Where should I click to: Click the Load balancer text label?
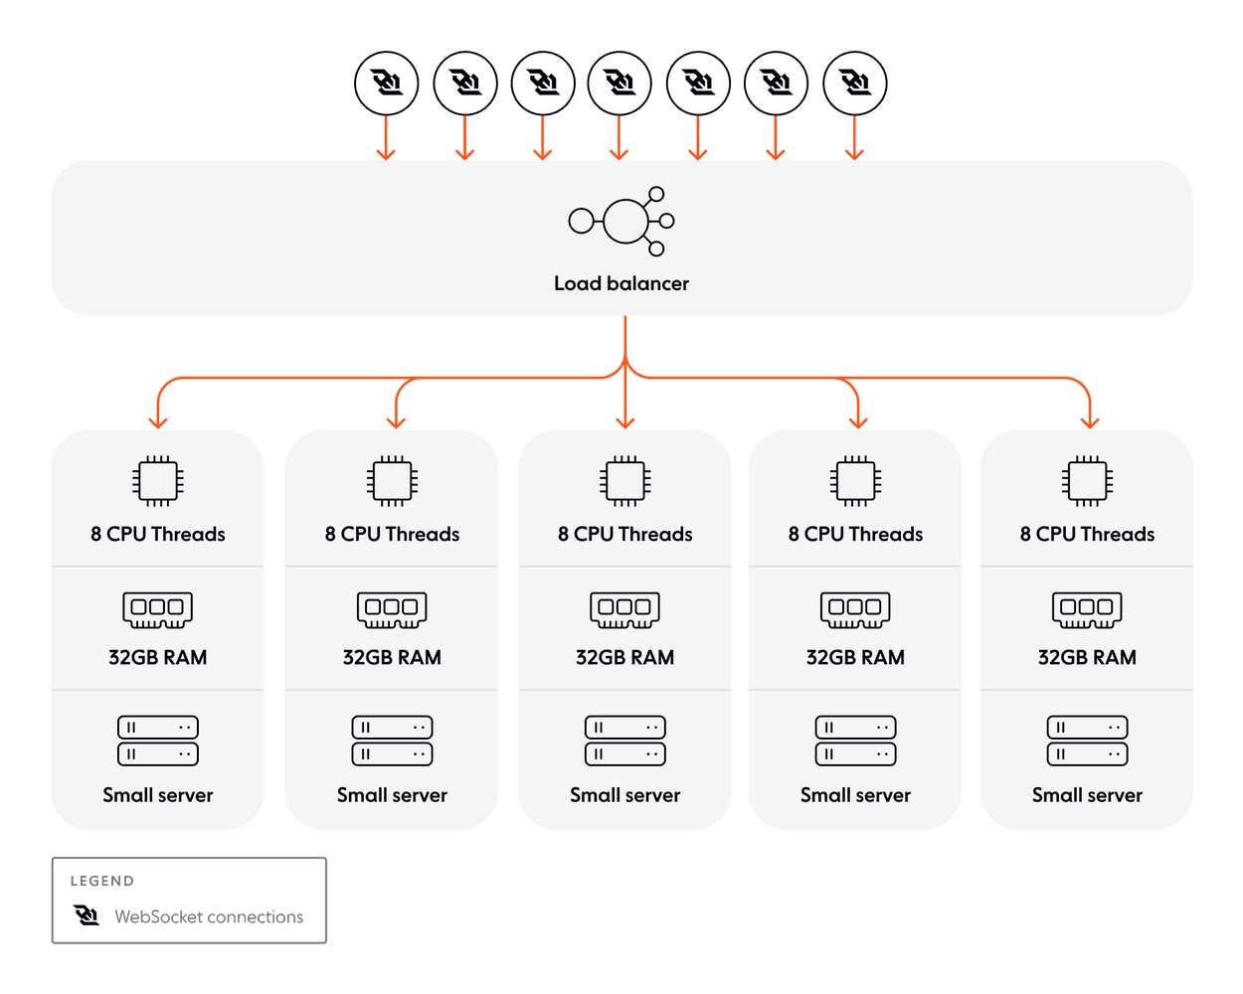pyautogui.click(x=621, y=283)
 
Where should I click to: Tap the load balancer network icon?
pyautogui.click(x=621, y=222)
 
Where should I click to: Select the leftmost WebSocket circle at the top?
pyautogui.click(x=386, y=83)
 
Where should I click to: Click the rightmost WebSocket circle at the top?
pyautogui.click(x=854, y=83)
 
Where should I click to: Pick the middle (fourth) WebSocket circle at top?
pyautogui.click(x=620, y=83)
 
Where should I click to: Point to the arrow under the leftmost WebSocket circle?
pyautogui.click(x=386, y=137)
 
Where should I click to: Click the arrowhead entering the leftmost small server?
pyautogui.click(x=158, y=422)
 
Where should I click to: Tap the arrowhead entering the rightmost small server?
pyautogui.click(x=1089, y=422)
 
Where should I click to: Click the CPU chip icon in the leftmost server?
pyautogui.click(x=158, y=480)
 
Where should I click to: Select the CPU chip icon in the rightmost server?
pyautogui.click(x=1087, y=480)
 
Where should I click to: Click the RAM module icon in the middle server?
pyautogui.click(x=624, y=609)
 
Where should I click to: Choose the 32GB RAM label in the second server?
pyautogui.click(x=392, y=657)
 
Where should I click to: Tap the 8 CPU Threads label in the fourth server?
pyautogui.click(x=855, y=534)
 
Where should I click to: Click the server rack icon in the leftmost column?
pyautogui.click(x=158, y=741)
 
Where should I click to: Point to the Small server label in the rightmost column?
pyautogui.click(x=1087, y=795)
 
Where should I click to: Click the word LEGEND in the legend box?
pyautogui.click(x=102, y=881)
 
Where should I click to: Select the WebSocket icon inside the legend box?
pyautogui.click(x=87, y=914)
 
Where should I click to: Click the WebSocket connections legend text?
pyautogui.click(x=209, y=916)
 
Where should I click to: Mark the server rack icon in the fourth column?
pyautogui.click(x=855, y=741)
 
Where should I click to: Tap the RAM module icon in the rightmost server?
pyautogui.click(x=1087, y=609)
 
